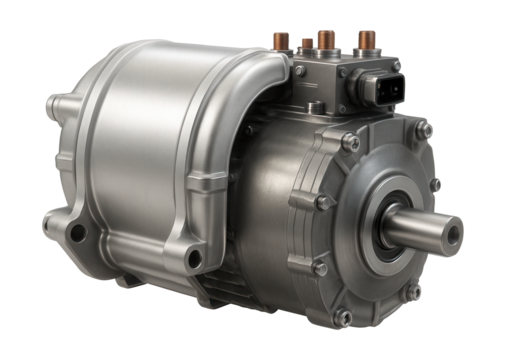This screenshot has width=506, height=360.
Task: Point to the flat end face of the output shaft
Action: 453,236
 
